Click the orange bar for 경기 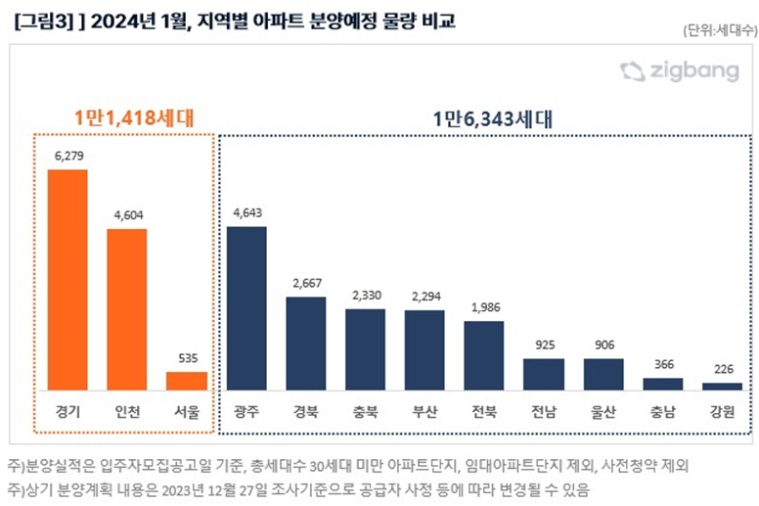tap(67, 280)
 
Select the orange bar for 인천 tap(127, 309)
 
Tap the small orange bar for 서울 tap(186, 381)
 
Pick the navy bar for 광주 tap(246, 308)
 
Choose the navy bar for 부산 tap(424, 350)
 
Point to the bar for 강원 tap(722, 387)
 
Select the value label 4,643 tap(246, 212)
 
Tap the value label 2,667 tap(305, 284)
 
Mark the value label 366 tap(662, 365)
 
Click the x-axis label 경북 tap(305, 411)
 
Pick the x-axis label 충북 tap(365, 411)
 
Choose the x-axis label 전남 tap(543, 411)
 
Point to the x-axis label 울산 tap(603, 411)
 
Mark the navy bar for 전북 tap(484, 355)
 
